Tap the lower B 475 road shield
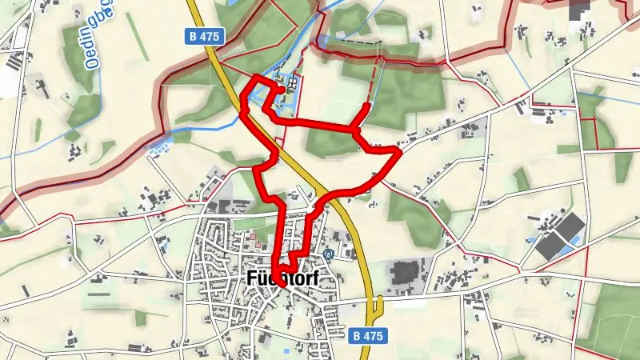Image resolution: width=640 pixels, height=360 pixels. [370, 336]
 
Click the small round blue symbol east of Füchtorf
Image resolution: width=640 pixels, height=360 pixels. [329, 254]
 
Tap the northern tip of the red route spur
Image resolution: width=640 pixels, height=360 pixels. [367, 106]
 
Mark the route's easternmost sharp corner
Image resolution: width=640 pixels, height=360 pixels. [399, 150]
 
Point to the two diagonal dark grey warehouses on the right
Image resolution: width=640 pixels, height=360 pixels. [560, 235]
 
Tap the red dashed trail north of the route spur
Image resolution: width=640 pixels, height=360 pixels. [373, 80]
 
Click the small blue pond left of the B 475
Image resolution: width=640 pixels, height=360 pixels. [159, 145]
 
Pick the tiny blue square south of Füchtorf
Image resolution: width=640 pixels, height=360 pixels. [286, 350]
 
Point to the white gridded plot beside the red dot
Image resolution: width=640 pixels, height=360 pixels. [294, 83]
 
